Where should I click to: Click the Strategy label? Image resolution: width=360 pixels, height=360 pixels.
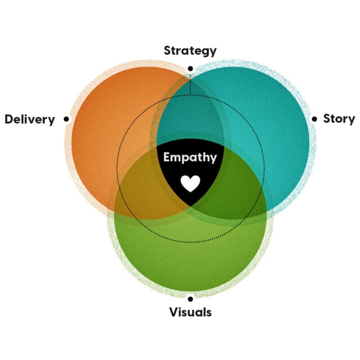[190, 51]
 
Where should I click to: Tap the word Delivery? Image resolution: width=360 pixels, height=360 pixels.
[30, 120]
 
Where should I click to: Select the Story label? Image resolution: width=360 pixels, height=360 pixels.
[339, 119]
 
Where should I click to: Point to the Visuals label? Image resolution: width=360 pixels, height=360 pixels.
[190, 312]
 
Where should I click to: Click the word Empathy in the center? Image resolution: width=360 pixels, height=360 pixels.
[190, 157]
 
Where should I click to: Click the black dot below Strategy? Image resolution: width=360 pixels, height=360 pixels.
[190, 68]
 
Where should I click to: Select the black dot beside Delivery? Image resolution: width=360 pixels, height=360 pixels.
[67, 119]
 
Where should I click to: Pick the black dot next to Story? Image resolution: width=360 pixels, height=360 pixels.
[314, 119]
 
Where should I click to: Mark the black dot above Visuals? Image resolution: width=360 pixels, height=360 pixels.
[190, 298]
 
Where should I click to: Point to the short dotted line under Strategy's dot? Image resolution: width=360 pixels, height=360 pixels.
[190, 83]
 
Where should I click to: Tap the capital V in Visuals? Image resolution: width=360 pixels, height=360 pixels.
[173, 312]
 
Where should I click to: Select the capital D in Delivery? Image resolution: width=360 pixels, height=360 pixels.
[9, 120]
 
